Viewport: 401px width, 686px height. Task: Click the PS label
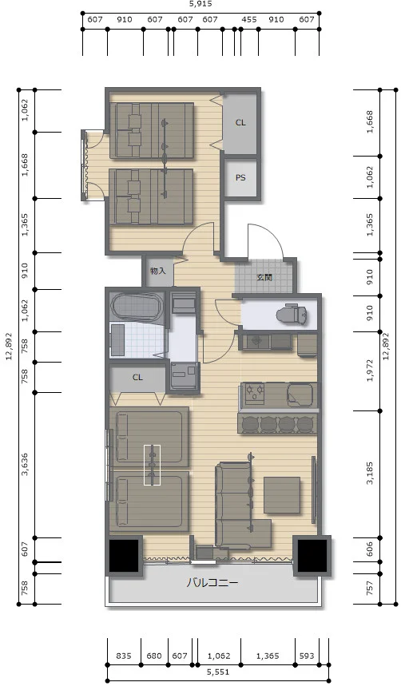point(240,178)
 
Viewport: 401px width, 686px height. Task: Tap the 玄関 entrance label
point(264,277)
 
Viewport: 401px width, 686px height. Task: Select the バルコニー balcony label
point(212,583)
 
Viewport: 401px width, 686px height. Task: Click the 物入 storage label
point(157,271)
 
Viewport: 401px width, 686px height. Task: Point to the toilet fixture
point(292,314)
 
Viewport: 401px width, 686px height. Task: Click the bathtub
point(137,308)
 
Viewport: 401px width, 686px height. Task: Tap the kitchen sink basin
point(300,395)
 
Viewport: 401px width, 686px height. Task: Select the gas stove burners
point(254,392)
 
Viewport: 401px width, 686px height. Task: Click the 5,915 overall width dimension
point(200,4)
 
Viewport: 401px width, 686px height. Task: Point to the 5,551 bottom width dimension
point(218,672)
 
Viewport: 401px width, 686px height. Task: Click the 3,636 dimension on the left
point(25,465)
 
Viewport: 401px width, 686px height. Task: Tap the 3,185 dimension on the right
point(371,474)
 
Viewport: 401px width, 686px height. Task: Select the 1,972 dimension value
point(371,371)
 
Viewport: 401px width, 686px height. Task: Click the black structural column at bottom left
point(124,556)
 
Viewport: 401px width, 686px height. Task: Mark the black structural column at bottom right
point(312,556)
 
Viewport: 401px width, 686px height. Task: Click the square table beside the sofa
point(282,495)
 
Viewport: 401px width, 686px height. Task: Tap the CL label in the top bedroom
point(240,123)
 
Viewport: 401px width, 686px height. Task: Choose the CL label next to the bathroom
point(137,377)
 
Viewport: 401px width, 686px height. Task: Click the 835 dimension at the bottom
point(124,656)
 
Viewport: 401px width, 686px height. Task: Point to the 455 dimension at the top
point(249,20)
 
